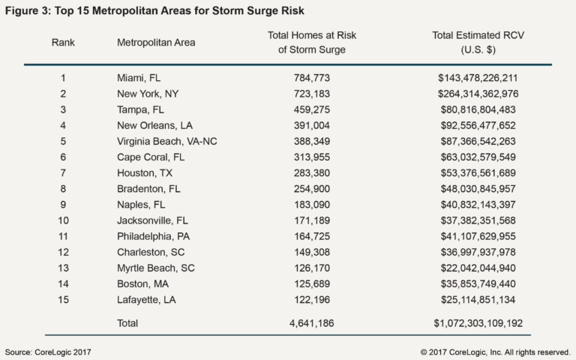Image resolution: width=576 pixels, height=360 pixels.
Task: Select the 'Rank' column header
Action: pyautogui.click(x=63, y=42)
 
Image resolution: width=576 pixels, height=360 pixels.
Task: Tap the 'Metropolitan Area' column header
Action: pyautogui.click(x=156, y=42)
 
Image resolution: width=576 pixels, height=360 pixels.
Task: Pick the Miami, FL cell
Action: pyautogui.click(x=139, y=78)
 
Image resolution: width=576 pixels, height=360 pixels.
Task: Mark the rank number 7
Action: pyautogui.click(x=63, y=172)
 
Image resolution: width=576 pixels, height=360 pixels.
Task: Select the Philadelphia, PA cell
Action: pyautogui.click(x=153, y=235)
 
